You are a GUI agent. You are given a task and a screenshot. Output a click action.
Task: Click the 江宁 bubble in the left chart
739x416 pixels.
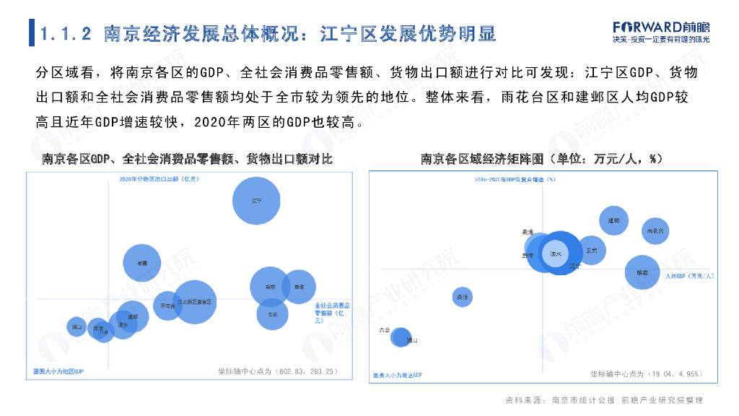(x=256, y=200)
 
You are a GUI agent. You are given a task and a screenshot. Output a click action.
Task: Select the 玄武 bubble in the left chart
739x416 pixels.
(x=273, y=314)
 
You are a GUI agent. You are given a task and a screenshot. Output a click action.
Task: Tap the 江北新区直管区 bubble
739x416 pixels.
(x=194, y=302)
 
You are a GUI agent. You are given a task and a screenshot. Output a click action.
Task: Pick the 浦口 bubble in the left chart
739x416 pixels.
(x=76, y=327)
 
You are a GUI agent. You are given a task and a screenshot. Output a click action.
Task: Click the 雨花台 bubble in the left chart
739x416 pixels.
(x=167, y=305)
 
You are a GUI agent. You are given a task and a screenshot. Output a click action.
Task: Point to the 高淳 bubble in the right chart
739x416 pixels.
(x=463, y=296)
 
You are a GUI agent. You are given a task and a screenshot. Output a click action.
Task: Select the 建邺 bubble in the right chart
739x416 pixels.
(x=613, y=220)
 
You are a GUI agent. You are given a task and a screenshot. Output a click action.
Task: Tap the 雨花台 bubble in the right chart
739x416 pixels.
(x=655, y=231)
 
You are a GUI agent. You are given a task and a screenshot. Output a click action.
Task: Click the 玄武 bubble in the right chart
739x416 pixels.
(x=592, y=250)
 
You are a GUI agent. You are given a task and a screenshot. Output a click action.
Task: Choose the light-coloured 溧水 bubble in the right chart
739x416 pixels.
(x=555, y=254)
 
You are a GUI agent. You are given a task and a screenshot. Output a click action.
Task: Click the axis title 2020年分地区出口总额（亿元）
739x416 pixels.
(x=158, y=178)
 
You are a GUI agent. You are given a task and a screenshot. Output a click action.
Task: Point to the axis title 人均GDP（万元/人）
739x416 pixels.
(x=689, y=276)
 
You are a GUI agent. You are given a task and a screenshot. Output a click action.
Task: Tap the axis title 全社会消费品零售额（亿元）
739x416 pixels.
(x=333, y=313)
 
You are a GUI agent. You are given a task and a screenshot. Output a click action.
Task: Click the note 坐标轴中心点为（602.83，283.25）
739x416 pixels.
(x=278, y=371)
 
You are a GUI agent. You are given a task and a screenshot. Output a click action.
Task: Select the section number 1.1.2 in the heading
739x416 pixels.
(x=67, y=33)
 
